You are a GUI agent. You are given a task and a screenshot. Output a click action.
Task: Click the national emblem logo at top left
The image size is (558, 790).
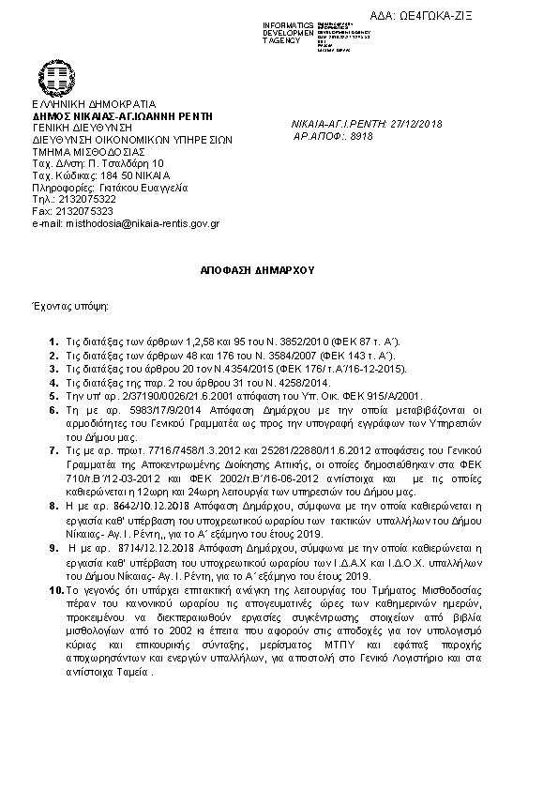[x=53, y=78]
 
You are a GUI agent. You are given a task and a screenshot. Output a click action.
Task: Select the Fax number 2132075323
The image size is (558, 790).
[x=85, y=212]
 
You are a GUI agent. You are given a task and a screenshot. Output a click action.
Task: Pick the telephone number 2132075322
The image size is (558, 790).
[x=87, y=200]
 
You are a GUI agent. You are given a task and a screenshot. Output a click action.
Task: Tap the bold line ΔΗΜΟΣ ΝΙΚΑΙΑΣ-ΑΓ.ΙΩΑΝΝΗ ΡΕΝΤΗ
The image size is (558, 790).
[x=122, y=115]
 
